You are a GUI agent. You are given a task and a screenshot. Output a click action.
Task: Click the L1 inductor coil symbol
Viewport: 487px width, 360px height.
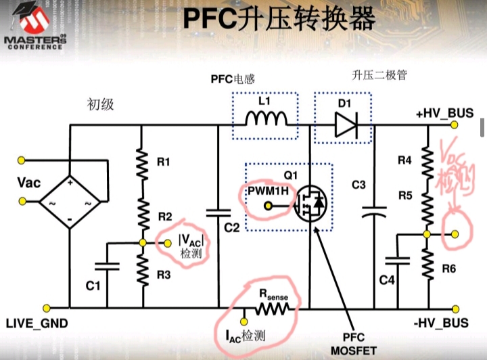(x=266, y=120)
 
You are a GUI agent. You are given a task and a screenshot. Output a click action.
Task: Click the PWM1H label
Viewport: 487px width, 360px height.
(x=269, y=192)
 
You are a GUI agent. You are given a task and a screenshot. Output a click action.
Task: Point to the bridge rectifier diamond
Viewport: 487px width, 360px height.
(x=70, y=202)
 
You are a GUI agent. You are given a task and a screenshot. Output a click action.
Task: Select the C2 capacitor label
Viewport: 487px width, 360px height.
(x=232, y=228)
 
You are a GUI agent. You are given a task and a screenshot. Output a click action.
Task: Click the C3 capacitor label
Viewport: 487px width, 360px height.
(x=358, y=184)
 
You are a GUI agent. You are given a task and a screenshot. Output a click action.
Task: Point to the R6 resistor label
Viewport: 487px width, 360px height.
(x=449, y=269)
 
